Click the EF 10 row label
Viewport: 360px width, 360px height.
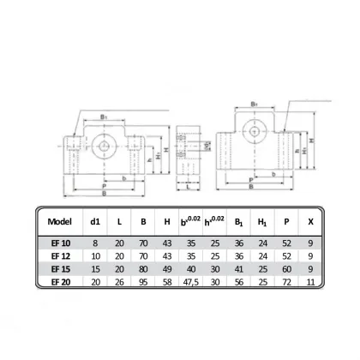pyautogui.click(x=61, y=244)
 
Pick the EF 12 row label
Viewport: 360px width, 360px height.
pyautogui.click(x=61, y=255)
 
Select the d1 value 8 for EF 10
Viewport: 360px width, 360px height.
pyautogui.click(x=94, y=244)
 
